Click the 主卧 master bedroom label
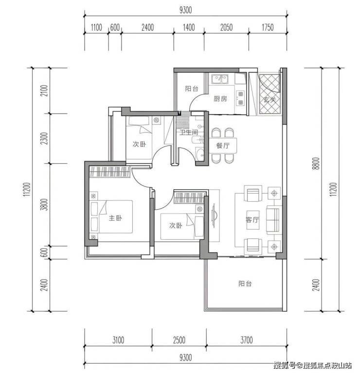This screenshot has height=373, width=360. [x=115, y=218]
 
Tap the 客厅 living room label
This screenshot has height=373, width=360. [x=252, y=219]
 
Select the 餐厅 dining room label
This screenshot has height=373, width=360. [x=223, y=145]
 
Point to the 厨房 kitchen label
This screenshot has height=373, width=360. [x=220, y=99]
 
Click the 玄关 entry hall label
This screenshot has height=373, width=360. [x=270, y=99]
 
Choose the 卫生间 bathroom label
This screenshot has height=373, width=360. [x=189, y=132]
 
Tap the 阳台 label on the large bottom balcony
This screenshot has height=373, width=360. [x=245, y=284]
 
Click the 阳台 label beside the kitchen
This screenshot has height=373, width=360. [x=192, y=89]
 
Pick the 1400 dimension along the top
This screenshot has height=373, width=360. [x=189, y=27]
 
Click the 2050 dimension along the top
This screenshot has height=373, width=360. [x=226, y=27]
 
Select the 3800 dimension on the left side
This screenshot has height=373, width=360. [x=44, y=204]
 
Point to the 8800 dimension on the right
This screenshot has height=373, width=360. [x=316, y=163]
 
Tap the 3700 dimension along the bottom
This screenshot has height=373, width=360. [x=246, y=340]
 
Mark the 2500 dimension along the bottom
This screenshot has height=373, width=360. [x=179, y=340]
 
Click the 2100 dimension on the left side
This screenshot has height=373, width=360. [x=44, y=90]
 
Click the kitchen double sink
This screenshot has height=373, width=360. [x=220, y=79]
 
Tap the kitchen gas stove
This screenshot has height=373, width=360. [x=240, y=98]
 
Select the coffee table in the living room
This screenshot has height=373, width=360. [x=252, y=220]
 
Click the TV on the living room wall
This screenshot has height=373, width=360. [x=214, y=216]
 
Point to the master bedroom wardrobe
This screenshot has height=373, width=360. [x=109, y=172]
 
